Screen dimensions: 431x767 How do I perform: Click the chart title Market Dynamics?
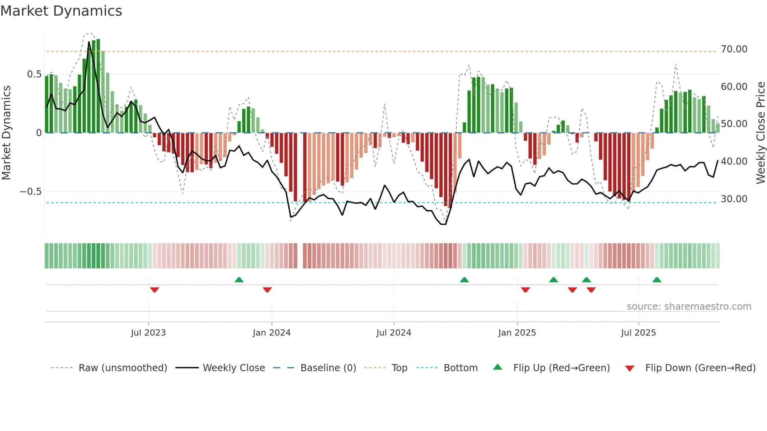click(61, 11)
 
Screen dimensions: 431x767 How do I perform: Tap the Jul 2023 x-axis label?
click(148, 333)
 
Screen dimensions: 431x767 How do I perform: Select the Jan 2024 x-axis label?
click(272, 333)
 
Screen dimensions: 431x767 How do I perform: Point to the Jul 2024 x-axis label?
click(394, 333)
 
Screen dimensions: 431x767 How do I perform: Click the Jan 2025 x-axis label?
click(517, 333)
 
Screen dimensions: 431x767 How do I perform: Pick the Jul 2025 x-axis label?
click(638, 333)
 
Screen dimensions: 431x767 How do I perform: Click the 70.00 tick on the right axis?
click(734, 49)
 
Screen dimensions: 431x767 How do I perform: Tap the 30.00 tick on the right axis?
click(734, 199)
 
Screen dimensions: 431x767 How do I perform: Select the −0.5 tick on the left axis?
click(31, 192)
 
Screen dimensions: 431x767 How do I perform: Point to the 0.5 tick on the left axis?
click(34, 74)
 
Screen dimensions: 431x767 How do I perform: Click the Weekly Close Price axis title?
click(760, 133)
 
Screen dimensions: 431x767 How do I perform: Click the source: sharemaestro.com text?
click(689, 307)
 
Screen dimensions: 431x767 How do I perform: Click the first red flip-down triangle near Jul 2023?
click(155, 290)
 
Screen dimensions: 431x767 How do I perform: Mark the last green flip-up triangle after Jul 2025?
click(657, 280)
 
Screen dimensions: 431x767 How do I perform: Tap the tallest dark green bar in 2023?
click(98, 86)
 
